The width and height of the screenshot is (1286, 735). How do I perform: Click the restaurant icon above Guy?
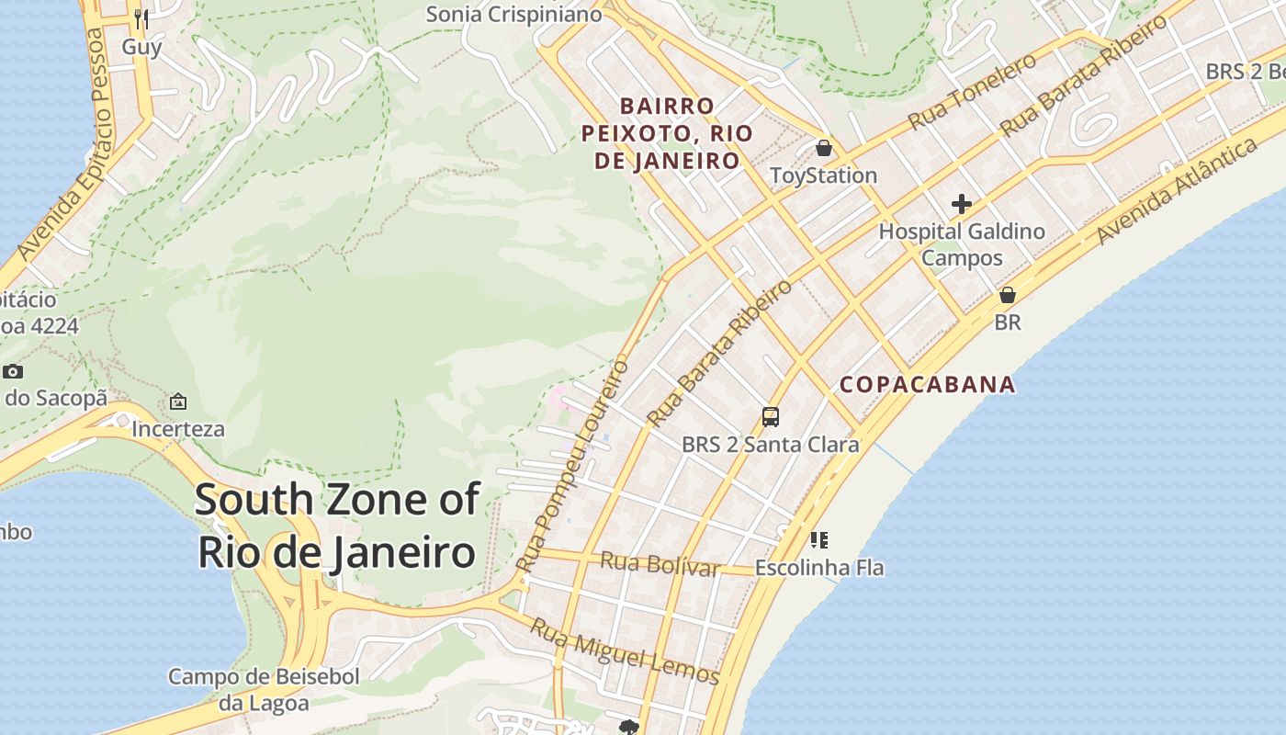pos(141,18)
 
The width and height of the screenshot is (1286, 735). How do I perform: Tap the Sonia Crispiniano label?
pos(513,14)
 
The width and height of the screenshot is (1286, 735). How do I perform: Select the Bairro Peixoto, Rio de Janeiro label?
pos(668,133)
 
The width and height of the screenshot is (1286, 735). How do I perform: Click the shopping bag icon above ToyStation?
pos(824,148)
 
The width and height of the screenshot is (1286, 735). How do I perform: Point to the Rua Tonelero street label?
pos(972,91)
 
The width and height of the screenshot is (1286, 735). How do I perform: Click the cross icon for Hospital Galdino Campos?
pos(962,204)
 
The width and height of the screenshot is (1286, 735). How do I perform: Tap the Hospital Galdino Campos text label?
pos(962,244)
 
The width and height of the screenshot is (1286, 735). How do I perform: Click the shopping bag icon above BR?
pos(1008,295)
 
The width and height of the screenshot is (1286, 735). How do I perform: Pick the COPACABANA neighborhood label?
pos(928,385)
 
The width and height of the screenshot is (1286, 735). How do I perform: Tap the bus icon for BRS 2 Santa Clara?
pos(771,417)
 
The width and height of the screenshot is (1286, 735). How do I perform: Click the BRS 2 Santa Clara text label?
pos(771,445)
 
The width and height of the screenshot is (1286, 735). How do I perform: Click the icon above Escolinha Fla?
pos(819,540)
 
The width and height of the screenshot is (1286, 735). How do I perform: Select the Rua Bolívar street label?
pos(660,563)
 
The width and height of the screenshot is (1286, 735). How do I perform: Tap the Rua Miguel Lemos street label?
pos(625,651)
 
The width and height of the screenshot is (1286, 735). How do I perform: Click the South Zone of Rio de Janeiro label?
pos(337,526)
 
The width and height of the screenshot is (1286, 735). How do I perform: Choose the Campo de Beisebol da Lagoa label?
pos(264,690)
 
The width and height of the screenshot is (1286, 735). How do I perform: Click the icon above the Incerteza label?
pos(178,401)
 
